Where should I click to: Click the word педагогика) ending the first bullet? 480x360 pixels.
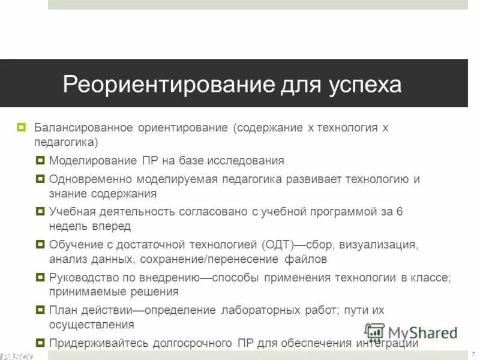pos(65,143)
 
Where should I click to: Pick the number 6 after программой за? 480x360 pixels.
pos(400,211)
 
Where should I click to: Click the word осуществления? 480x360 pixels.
pos(91,325)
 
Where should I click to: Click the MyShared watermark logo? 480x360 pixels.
pos(412,332)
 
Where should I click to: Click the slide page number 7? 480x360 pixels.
pos(473,352)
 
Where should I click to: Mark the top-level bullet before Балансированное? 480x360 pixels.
pos(22,128)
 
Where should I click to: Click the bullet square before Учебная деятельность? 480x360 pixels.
pos(40,212)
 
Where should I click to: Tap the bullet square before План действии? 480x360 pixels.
pos(40,310)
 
